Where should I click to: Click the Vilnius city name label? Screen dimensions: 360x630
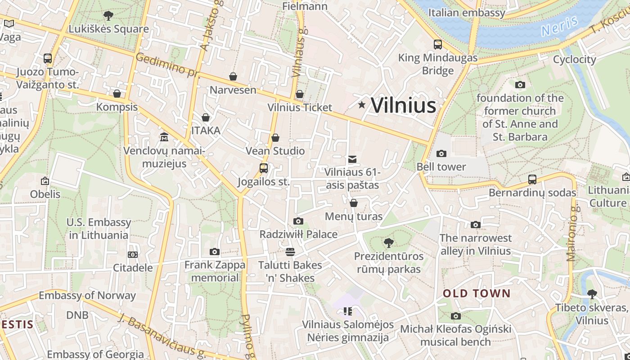point(403,105)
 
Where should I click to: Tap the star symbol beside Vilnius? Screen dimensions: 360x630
point(362,105)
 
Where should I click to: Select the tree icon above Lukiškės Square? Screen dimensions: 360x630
point(108,16)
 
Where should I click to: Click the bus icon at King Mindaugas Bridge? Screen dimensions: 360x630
point(437,45)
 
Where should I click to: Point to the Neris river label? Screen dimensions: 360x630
point(559,26)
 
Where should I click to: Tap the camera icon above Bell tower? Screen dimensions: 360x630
point(441,153)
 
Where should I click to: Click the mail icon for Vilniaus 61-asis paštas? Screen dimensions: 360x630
point(352,159)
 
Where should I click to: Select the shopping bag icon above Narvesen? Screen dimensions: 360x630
point(233,76)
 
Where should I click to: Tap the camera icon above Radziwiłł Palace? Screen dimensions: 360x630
point(298,221)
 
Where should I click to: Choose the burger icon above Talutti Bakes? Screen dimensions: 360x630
point(290,252)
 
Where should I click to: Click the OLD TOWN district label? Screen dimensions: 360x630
point(477,293)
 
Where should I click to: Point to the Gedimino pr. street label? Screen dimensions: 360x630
point(167,64)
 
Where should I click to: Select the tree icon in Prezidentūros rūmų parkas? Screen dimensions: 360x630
point(389,243)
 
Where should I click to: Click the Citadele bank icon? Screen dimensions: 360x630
point(132,255)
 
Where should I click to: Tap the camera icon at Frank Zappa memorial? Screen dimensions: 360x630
point(215,252)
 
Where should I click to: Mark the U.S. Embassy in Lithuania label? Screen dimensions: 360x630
point(99,229)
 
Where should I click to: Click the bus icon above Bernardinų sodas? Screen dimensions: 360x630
point(532,180)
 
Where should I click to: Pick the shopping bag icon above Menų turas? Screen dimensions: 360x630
point(354,203)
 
